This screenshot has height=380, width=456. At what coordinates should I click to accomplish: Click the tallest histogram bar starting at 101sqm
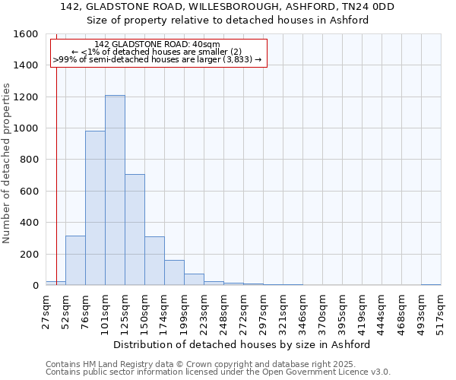pos(115,190)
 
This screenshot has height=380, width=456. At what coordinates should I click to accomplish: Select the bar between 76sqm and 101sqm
pos(95,208)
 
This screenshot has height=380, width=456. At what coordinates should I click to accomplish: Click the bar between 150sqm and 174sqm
pos(154,261)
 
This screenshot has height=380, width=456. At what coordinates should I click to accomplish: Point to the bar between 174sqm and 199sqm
pos(174,273)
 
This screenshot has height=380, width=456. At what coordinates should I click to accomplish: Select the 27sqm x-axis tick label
pos(46,310)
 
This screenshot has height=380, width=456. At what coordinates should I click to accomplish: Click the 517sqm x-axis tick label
pos(441,310)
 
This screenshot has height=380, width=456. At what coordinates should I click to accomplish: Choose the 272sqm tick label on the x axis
pos(243,310)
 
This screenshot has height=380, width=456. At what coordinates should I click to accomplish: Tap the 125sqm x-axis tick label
pos(125,310)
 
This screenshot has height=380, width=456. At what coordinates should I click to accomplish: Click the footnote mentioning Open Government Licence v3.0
pos(218,372)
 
